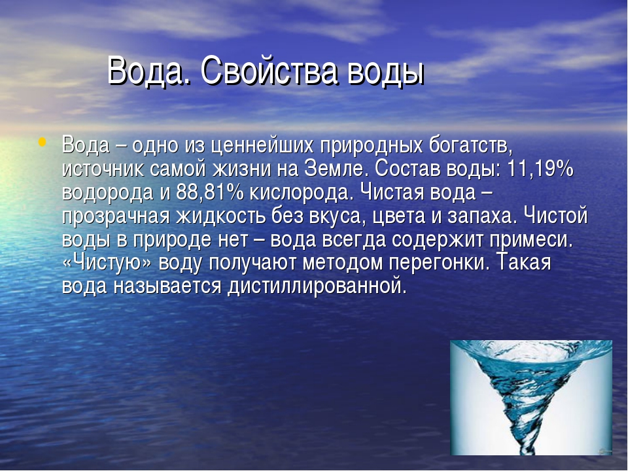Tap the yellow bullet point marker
42,141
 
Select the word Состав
406,169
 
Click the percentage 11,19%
540,169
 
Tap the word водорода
107,193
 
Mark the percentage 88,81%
209,192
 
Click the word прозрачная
116,217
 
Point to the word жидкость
221,217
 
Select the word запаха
481,217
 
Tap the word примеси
531,240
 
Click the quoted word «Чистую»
107,264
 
